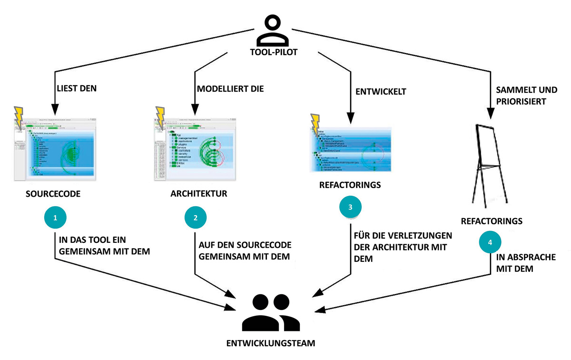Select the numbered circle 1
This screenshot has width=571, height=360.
tap(55, 218)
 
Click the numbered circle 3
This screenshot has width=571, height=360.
tap(351, 207)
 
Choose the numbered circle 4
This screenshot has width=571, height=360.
tap(490, 242)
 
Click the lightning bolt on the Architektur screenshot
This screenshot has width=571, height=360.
tap(159, 118)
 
